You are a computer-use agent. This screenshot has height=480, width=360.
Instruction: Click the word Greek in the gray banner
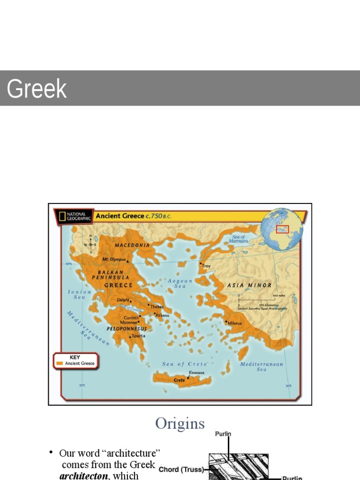[x=37, y=89]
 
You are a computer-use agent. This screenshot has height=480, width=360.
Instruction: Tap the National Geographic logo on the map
[x=74, y=217]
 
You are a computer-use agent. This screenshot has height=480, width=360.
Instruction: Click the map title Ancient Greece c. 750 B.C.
[x=133, y=216]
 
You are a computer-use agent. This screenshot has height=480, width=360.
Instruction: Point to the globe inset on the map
[x=282, y=230]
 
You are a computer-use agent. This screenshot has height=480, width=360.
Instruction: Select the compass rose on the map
[x=90, y=244]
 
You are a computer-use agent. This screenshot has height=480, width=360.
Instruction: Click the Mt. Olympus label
[x=114, y=259]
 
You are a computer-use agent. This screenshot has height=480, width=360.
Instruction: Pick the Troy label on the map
[x=206, y=266]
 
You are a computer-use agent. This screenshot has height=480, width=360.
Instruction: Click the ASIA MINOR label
[x=249, y=285]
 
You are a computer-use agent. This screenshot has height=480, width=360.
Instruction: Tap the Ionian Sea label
[x=79, y=294]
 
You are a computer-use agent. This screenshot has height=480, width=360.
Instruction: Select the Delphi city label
[x=123, y=300]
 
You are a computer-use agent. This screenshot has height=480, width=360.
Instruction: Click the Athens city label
[x=162, y=315]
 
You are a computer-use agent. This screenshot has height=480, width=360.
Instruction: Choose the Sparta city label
[x=138, y=336]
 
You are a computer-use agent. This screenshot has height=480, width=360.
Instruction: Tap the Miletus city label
[x=235, y=323]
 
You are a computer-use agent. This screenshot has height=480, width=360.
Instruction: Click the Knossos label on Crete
[x=196, y=373]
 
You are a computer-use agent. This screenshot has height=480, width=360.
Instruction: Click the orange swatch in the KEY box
[x=60, y=363]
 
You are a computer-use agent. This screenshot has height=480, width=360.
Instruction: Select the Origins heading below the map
[x=180, y=424]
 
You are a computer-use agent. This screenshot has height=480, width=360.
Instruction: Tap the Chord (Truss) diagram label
[x=180, y=469]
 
